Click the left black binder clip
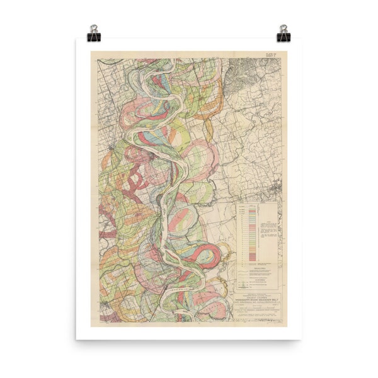[94, 33]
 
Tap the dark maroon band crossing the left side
[134, 183]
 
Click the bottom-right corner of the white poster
[300, 339]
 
